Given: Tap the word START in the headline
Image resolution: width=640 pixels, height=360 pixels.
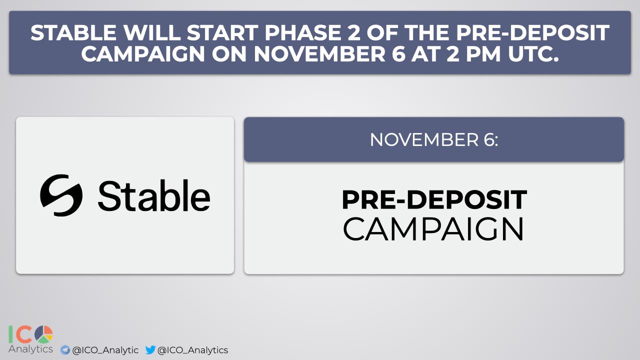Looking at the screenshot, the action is pyautogui.click(x=223, y=32).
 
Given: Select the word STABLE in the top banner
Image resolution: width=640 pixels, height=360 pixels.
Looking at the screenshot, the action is pyautogui.click(x=73, y=32).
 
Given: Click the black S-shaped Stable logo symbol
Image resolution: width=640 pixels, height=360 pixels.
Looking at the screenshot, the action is pyautogui.click(x=61, y=195).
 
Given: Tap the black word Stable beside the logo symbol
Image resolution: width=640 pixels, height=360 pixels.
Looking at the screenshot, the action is pyautogui.click(x=154, y=196).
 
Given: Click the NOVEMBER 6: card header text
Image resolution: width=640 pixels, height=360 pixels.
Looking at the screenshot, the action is pyautogui.click(x=434, y=139).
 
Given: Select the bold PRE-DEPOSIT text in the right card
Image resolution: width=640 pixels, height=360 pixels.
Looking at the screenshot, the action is pyautogui.click(x=434, y=199).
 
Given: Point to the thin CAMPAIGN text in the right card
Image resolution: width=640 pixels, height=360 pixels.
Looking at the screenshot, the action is pyautogui.click(x=433, y=229).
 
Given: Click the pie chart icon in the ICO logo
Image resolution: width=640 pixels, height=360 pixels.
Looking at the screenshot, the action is pyautogui.click(x=43, y=334).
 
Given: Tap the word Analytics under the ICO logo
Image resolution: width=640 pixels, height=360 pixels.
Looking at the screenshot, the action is pyautogui.click(x=30, y=349).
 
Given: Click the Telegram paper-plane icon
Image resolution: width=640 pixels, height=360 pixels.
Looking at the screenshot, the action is pyautogui.click(x=65, y=350).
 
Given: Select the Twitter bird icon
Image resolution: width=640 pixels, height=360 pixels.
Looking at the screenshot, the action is pyautogui.click(x=150, y=349).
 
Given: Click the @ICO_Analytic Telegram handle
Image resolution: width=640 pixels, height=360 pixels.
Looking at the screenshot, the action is pyautogui.click(x=105, y=350).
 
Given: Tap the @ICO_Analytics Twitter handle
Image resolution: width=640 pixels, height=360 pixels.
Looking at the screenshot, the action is pyautogui.click(x=193, y=350).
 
